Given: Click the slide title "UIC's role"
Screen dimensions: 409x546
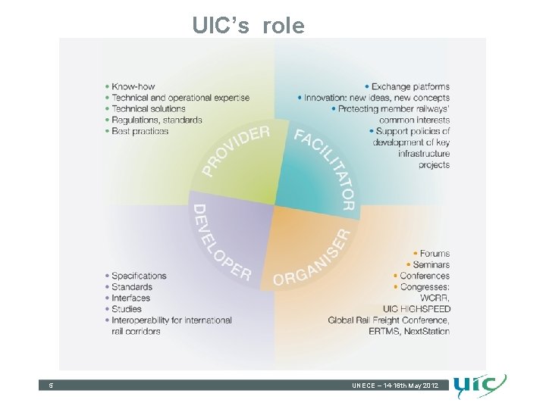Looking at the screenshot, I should [x=248, y=26].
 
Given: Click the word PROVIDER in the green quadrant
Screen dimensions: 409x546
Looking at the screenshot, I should [x=236, y=151].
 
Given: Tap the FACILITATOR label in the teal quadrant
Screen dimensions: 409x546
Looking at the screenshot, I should [x=325, y=169].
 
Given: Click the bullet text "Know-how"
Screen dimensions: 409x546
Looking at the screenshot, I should [x=133, y=86].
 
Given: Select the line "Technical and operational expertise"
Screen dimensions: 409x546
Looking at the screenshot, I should [x=180, y=98].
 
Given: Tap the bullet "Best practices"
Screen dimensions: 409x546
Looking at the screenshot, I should [x=140, y=131].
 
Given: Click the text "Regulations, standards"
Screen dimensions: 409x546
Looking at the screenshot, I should [x=156, y=120].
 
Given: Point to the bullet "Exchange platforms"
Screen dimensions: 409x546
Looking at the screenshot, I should [x=410, y=86].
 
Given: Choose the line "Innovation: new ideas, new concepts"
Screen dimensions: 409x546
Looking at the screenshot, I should [x=377, y=98].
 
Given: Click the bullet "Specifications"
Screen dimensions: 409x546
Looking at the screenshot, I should [x=139, y=276].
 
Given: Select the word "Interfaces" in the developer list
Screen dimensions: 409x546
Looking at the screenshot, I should [x=130, y=298].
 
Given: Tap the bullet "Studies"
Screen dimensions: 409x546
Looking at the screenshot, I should [x=126, y=309].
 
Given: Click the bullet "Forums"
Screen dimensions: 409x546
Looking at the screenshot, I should [x=435, y=254].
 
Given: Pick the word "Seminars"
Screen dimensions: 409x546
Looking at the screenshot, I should [x=431, y=264].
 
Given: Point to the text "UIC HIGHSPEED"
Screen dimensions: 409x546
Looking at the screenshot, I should [x=416, y=309].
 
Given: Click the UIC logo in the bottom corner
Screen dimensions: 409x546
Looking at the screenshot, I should [x=480, y=386].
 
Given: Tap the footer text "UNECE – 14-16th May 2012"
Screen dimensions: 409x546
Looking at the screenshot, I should [x=394, y=386].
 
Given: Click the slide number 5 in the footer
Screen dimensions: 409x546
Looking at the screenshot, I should [x=51, y=386].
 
